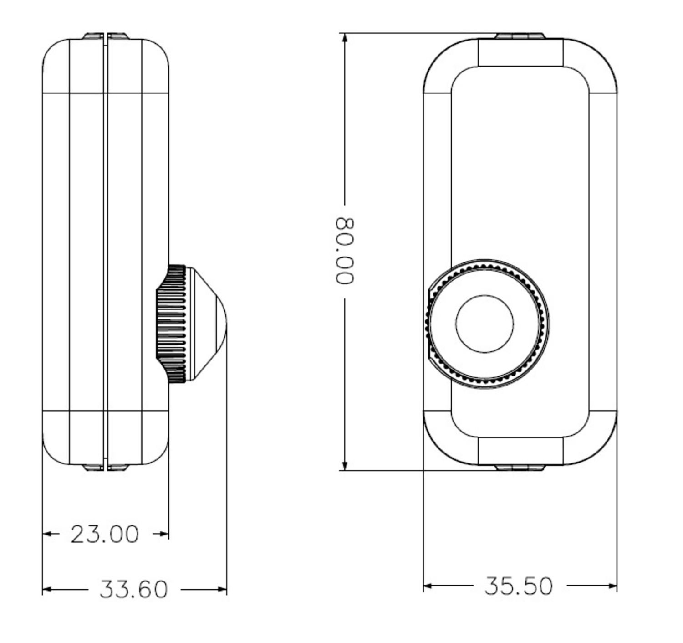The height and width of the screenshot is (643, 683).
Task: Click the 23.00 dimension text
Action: pyautogui.click(x=105, y=534)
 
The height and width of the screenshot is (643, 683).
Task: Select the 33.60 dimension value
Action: pyautogui.click(x=133, y=589)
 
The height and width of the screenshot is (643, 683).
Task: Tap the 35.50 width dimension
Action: pyautogui.click(x=518, y=586)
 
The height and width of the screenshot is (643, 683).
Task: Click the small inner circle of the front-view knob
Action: pyautogui.click(x=484, y=324)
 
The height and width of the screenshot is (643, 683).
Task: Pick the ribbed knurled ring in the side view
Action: pyautogui.click(x=172, y=324)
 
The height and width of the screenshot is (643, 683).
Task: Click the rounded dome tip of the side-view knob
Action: pyautogui.click(x=219, y=324)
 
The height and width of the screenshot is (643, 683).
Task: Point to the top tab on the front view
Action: pyautogui.click(x=520, y=36)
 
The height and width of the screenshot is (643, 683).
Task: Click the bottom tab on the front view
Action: pyautogui.click(x=520, y=468)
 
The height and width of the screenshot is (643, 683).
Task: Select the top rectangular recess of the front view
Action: pyautogui.click(x=520, y=52)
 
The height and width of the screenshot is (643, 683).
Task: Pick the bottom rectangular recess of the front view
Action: pyautogui.click(x=520, y=451)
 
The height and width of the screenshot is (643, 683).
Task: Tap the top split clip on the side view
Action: pyautogui.click(x=105, y=36)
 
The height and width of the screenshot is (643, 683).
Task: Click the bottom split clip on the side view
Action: pyautogui.click(x=105, y=467)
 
